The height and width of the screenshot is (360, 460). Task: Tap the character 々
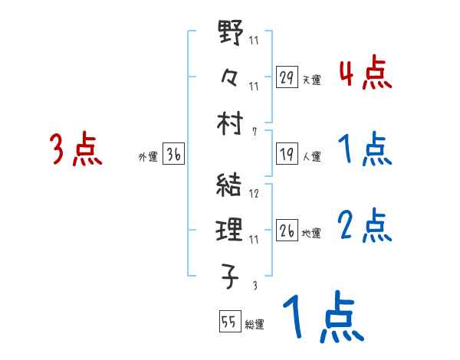(230, 77)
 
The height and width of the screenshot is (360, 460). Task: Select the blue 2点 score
(365, 225)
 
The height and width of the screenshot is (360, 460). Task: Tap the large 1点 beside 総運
(321, 317)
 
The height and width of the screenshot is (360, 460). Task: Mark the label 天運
(310, 80)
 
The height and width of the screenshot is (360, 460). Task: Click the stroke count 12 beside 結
(254, 194)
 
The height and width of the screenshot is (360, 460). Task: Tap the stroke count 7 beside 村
(254, 131)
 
